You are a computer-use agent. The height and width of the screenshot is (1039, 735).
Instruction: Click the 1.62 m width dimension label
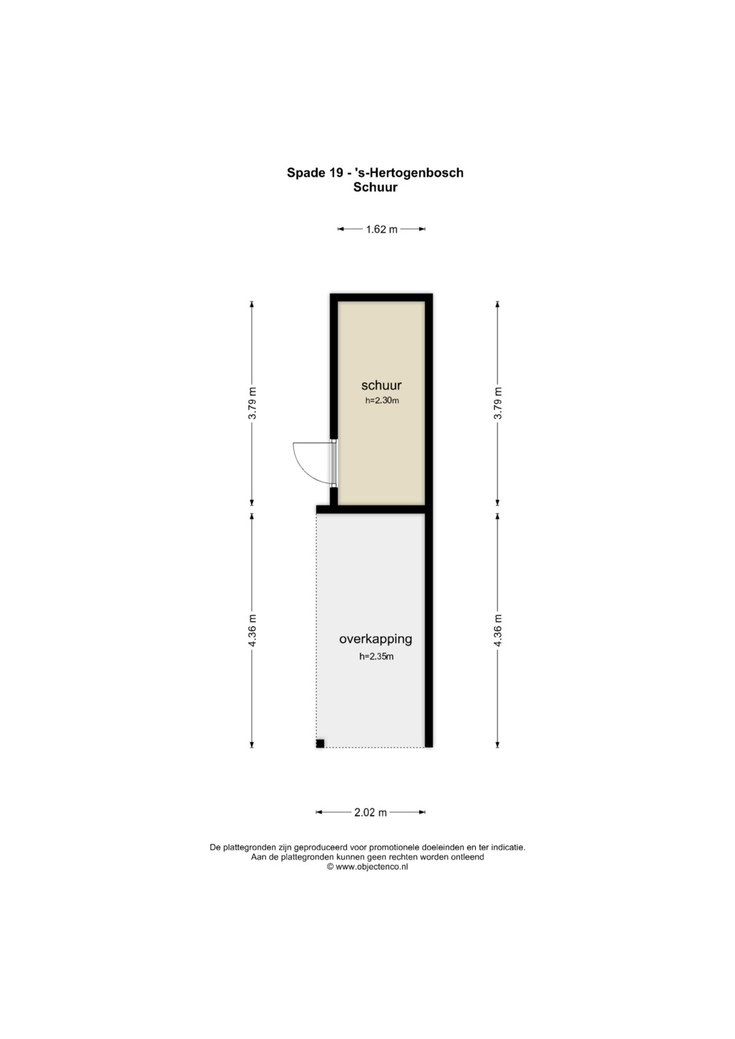point(381,229)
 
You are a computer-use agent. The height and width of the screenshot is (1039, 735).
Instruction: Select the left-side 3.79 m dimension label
point(252,403)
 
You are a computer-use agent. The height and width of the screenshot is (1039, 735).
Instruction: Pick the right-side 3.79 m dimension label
point(497,403)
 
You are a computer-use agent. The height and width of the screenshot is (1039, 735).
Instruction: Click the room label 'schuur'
point(381,385)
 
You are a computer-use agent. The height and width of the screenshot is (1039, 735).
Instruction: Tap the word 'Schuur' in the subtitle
point(376,187)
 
